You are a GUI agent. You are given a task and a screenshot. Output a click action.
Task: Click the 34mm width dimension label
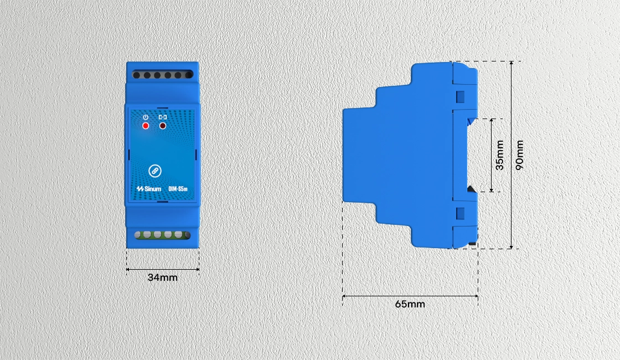[x=163, y=277]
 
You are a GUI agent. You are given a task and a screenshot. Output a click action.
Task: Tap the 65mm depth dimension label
[x=410, y=304]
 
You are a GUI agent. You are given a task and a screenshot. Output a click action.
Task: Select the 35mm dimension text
[x=500, y=155]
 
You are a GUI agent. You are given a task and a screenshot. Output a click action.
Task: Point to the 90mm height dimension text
[x=520, y=155]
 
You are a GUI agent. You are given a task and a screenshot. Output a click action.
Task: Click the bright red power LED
[x=146, y=126]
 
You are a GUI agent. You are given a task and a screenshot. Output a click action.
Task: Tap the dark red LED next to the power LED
[x=163, y=126]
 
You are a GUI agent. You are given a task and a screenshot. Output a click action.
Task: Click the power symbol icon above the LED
[x=146, y=117]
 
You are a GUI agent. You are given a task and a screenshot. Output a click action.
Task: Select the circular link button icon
[x=154, y=171]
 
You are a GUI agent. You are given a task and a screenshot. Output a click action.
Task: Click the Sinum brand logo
[x=149, y=189]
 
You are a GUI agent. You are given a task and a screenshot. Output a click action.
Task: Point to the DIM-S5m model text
[x=178, y=189]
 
